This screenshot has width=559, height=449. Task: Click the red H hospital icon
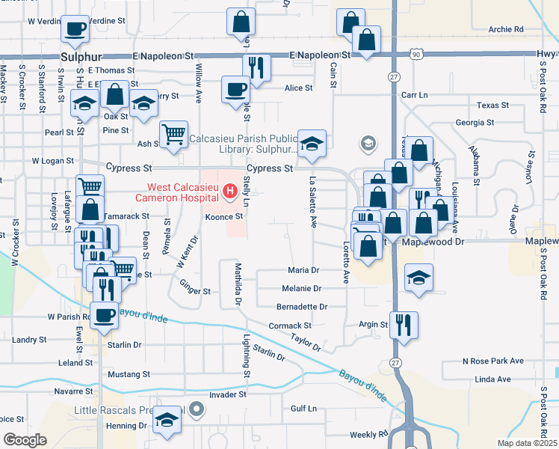(231, 194)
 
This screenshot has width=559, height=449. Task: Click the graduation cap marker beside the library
(312, 143)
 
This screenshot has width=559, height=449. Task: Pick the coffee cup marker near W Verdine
(75, 28)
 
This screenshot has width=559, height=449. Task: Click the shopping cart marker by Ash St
(173, 135)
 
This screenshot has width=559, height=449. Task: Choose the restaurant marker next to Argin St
(404, 325)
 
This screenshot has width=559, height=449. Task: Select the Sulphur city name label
(80, 57)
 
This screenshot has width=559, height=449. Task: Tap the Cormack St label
(290, 326)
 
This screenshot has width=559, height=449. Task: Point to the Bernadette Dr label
(302, 307)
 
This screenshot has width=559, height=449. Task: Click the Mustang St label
(129, 373)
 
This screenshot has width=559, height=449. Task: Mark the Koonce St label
(225, 216)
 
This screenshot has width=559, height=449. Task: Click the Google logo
(25, 440)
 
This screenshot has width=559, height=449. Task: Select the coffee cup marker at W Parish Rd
(105, 315)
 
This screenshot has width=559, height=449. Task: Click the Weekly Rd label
(368, 435)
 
